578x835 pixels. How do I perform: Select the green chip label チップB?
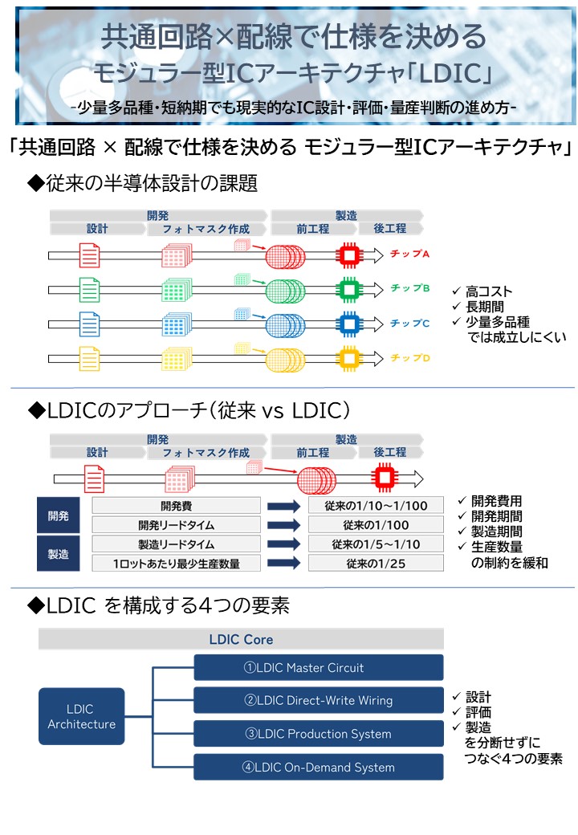click(x=409, y=287)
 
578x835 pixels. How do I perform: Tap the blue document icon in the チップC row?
click(x=90, y=324)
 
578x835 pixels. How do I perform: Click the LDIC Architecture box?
click(x=81, y=716)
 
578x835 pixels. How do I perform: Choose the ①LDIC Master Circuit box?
click(x=319, y=667)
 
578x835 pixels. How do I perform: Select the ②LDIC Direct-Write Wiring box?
click(x=319, y=700)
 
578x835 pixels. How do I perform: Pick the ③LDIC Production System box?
click(x=319, y=734)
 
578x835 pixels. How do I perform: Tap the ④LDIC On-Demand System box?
click(x=319, y=767)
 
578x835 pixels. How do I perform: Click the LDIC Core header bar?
click(x=241, y=639)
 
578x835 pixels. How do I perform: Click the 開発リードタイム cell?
click(x=177, y=525)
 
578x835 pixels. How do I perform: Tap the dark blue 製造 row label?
click(x=58, y=554)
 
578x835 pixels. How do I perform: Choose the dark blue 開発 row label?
click(x=58, y=515)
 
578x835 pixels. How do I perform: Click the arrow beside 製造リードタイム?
click(x=283, y=544)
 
